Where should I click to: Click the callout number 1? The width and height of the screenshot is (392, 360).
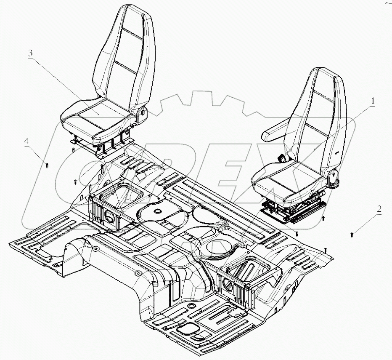(373, 101)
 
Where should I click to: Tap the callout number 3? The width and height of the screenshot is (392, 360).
(30, 54)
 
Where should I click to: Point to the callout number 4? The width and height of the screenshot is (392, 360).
(26, 142)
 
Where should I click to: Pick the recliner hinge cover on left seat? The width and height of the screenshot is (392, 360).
(143, 112)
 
